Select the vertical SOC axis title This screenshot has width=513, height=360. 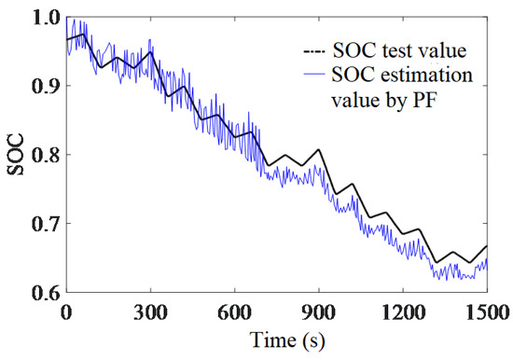(x=14, y=155)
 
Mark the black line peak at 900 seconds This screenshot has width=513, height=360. (x=320, y=149)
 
